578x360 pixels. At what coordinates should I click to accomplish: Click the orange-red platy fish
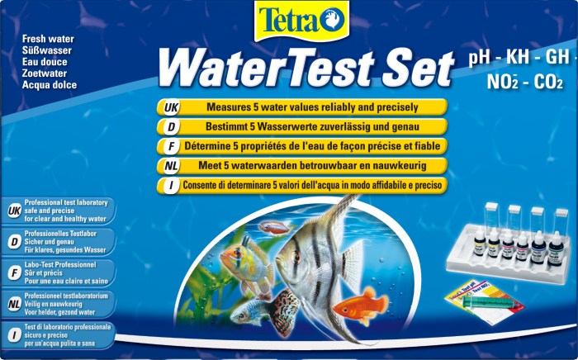(x=359, y=306)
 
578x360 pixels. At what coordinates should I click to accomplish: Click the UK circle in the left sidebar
(x=13, y=211)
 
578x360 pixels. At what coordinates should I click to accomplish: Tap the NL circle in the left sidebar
(x=13, y=303)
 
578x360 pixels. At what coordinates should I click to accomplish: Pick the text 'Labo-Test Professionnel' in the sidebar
(x=63, y=263)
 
